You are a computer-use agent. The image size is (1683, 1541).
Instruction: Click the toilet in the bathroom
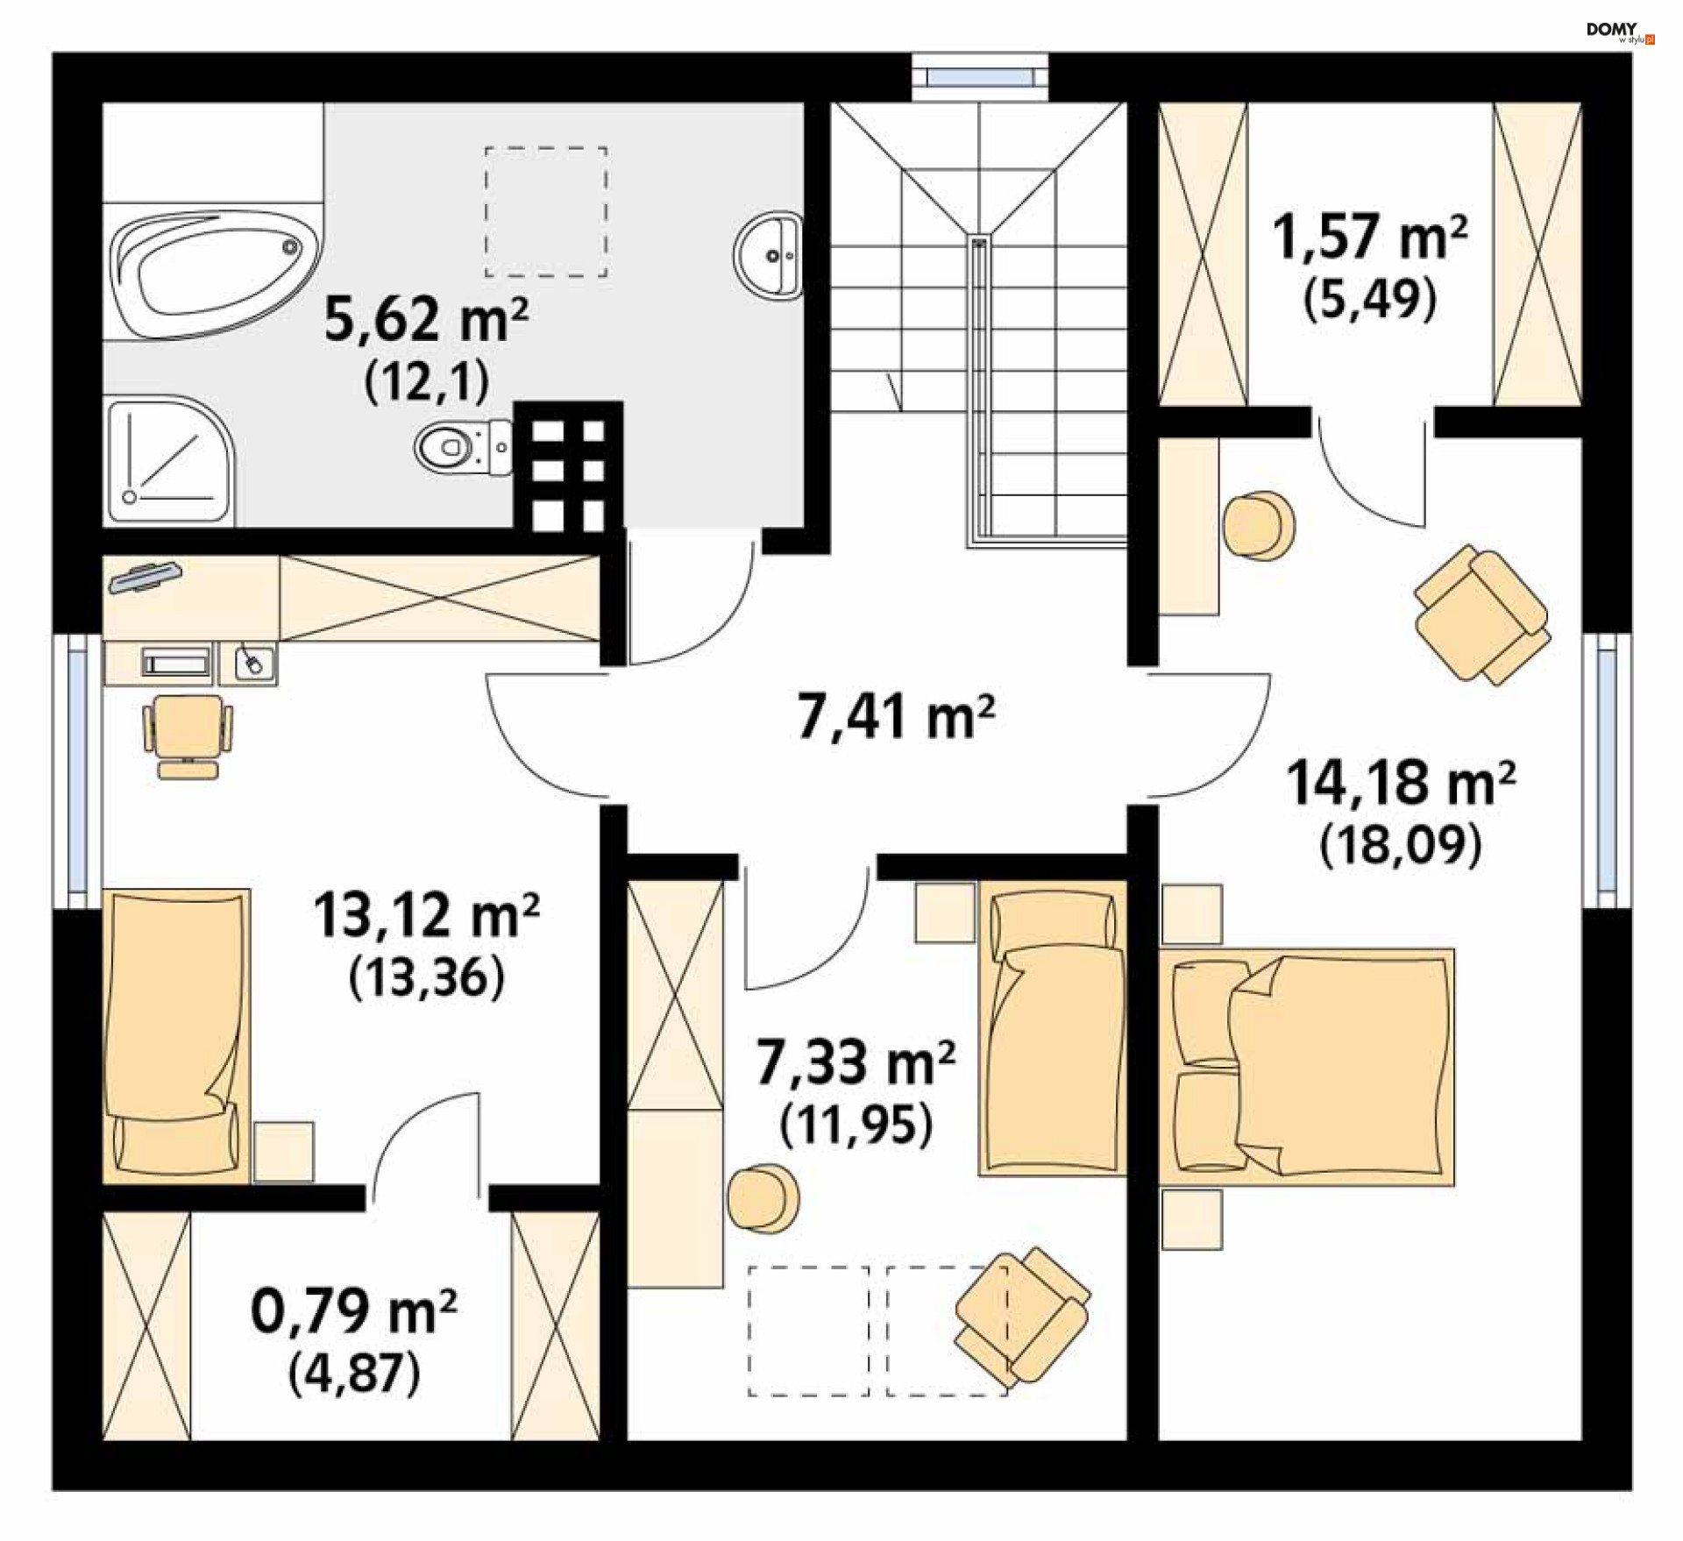point(463,447)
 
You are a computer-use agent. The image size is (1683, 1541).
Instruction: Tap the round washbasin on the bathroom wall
point(769,255)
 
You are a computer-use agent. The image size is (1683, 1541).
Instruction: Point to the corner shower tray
point(170,462)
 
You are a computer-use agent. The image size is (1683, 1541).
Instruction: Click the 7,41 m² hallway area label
point(896,717)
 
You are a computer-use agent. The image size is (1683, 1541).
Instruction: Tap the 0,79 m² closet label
point(353,1311)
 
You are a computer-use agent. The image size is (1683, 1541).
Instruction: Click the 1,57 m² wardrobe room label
point(1370,237)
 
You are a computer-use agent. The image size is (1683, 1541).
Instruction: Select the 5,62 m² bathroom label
point(426,320)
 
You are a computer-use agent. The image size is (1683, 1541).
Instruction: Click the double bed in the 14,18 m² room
point(1307,1067)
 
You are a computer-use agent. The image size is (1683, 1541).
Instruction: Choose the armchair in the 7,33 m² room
point(1023,1316)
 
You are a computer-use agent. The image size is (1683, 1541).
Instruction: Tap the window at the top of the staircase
point(980,77)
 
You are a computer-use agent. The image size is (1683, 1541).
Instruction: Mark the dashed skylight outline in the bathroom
point(546,211)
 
